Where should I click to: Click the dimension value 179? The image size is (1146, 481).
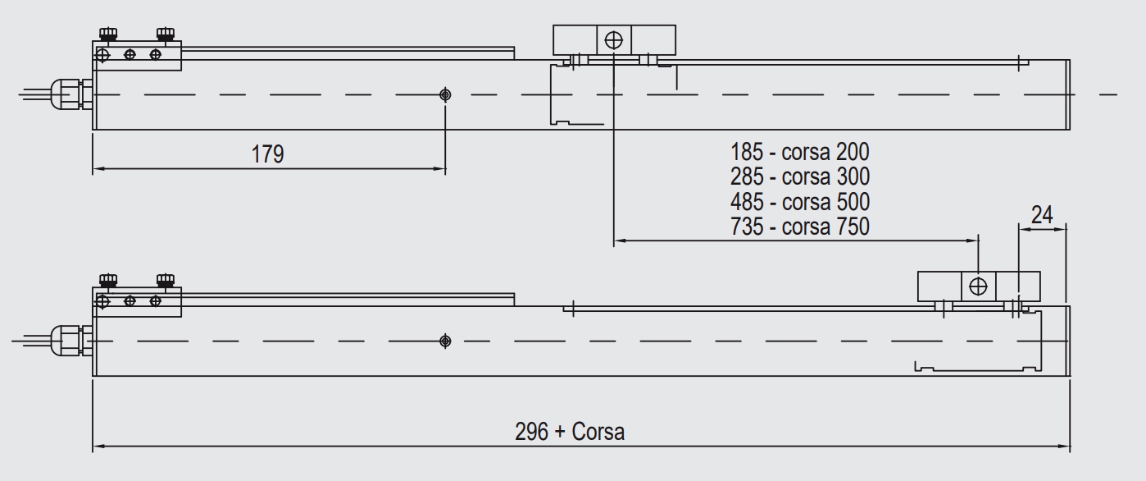click(x=267, y=153)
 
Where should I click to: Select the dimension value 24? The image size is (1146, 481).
click(x=1042, y=215)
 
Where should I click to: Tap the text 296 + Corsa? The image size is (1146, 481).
click(x=570, y=431)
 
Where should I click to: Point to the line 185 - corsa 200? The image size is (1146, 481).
click(x=799, y=152)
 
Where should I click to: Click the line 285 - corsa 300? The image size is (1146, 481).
click(x=799, y=176)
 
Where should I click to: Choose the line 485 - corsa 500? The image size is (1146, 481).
click(x=799, y=202)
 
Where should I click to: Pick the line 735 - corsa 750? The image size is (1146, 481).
click(x=799, y=227)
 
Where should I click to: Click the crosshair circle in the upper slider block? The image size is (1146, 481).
click(x=613, y=39)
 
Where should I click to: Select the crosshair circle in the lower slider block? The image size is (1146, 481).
click(x=978, y=286)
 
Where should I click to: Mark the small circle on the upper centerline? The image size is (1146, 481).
click(x=444, y=94)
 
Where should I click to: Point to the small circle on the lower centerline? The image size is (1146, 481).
click(x=445, y=341)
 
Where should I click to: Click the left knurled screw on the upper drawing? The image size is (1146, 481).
click(x=107, y=34)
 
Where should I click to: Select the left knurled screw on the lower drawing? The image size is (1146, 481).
click(x=107, y=280)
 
